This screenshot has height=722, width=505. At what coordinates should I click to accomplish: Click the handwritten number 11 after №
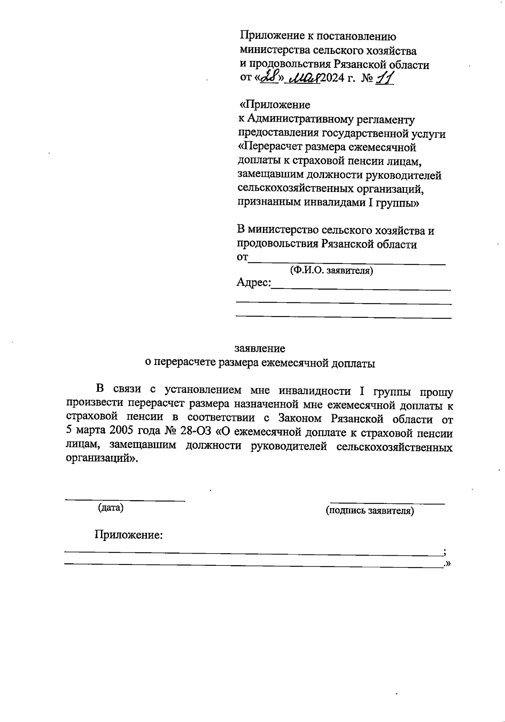pyautogui.click(x=384, y=78)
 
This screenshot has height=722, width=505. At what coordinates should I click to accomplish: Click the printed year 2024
pyautogui.click(x=332, y=79)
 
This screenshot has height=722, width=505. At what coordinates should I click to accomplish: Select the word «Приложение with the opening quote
pyautogui.click(x=274, y=105)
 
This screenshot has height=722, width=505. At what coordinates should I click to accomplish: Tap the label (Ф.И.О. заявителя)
pyautogui.click(x=332, y=271)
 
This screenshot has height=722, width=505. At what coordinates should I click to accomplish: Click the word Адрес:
pyautogui.click(x=253, y=282)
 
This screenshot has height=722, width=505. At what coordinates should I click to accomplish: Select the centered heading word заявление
pyautogui.click(x=260, y=349)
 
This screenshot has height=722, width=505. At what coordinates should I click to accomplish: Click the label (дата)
pyautogui.click(x=111, y=508)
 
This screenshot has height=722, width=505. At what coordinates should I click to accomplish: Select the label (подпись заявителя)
pyautogui.click(x=370, y=511)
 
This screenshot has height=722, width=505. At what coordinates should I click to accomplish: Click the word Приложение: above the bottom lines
pyautogui.click(x=129, y=535)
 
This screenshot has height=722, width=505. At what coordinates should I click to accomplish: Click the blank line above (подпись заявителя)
pyautogui.click(x=387, y=503)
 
